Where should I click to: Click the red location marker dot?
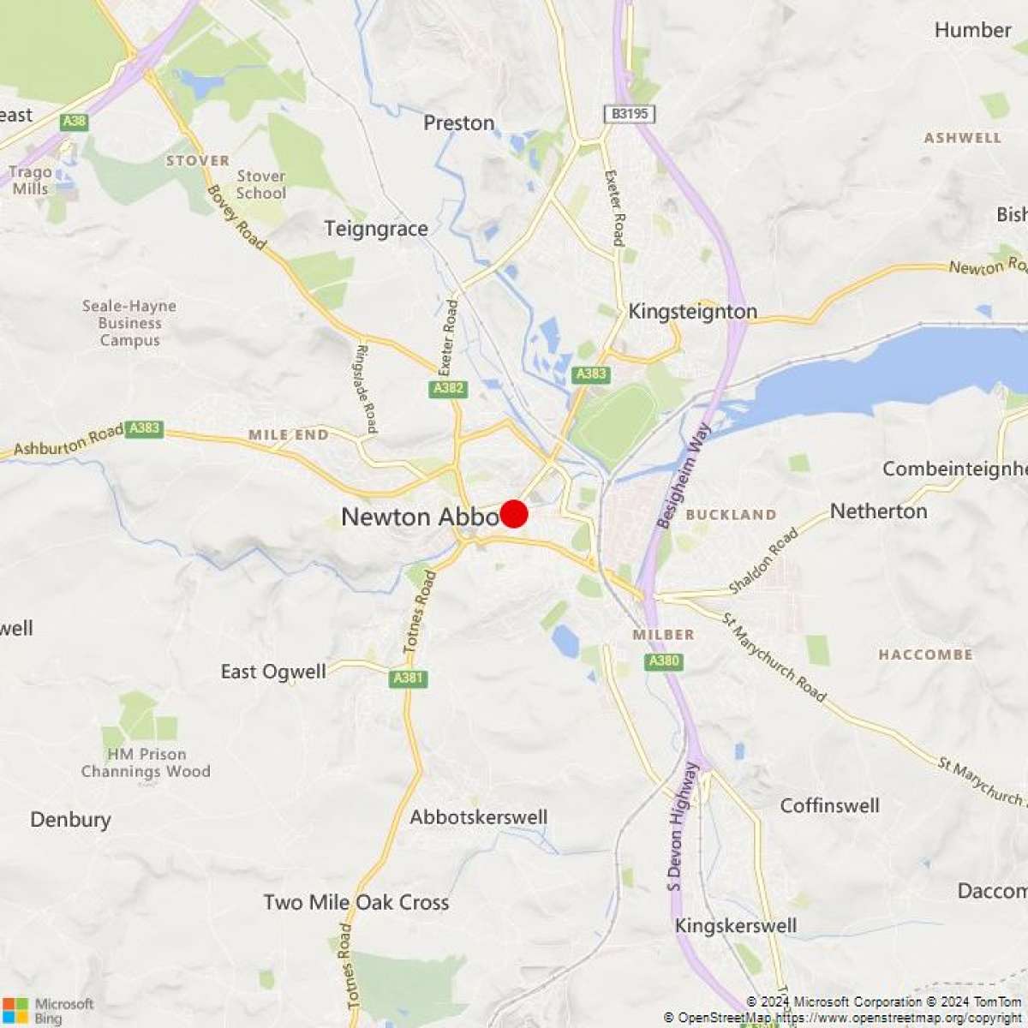[514, 514]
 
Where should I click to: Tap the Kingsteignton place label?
[692, 311]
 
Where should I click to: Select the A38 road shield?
[75, 122]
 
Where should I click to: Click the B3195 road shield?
[629, 114]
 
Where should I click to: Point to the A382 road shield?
[448, 389]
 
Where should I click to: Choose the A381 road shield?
[408, 678]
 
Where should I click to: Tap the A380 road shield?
[664, 661]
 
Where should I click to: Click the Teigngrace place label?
[376, 229]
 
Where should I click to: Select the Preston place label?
[459, 123]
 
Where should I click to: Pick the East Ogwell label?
[273, 671]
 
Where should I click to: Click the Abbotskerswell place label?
[478, 817]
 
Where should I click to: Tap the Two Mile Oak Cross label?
[356, 902]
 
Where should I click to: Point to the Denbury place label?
[70, 820]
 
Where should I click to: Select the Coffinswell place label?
[829, 805]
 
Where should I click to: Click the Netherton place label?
[878, 511]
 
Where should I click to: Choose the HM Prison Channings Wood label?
[146, 762]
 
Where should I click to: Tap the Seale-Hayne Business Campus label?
[129, 323]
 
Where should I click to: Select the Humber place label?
[972, 30]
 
